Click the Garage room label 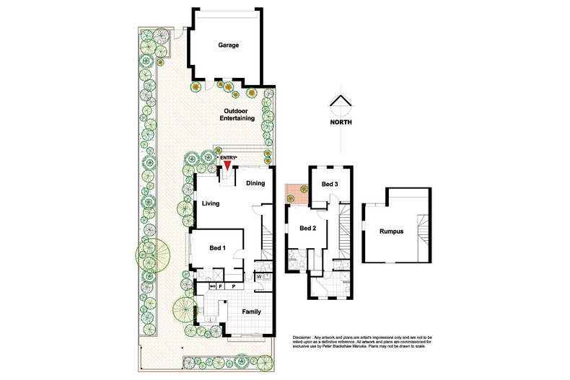pos(229,45)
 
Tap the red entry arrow pos(227,166)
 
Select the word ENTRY pos(227,158)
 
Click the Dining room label pos(255,183)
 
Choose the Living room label pos(211,203)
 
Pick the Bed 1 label pos(218,248)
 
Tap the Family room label pos(251,312)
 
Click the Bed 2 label pos(308,229)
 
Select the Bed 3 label pos(330,185)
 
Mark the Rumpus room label pos(390,231)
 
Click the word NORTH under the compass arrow pos(341,123)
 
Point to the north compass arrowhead pos(341,102)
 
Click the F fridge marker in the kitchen pos(222,286)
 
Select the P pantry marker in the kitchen pos(233,286)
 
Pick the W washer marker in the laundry pos(258,276)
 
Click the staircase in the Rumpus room pos(424,231)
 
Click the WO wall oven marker pos(211,286)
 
